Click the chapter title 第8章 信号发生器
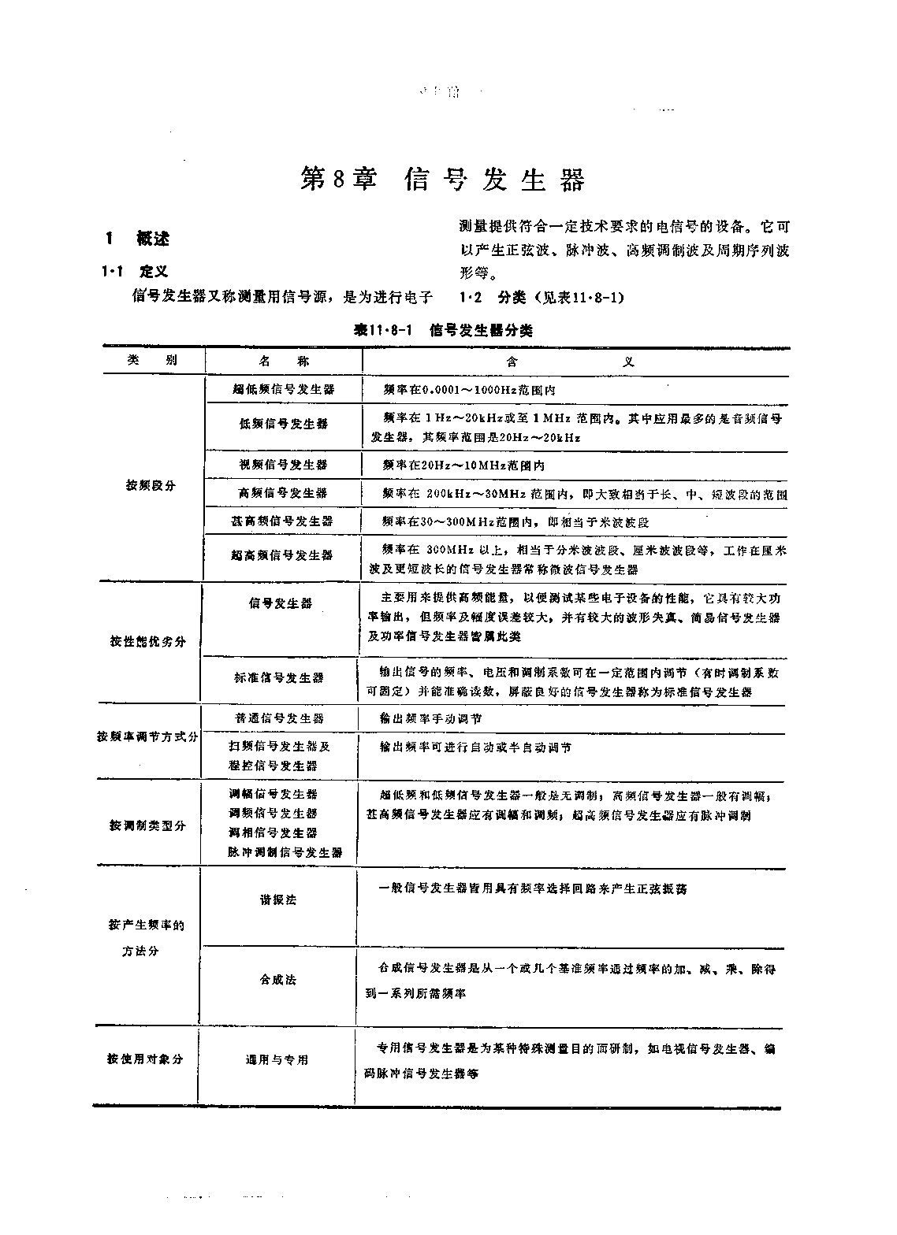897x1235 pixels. [x=444, y=180]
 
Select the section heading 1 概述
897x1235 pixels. [x=138, y=238]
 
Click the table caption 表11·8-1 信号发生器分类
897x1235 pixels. [x=442, y=331]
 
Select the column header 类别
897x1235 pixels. [x=152, y=361]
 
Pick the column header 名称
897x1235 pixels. [x=284, y=361]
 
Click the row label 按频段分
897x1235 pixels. [x=151, y=485]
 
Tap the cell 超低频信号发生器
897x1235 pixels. [x=284, y=389]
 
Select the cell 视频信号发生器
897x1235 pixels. [x=283, y=465]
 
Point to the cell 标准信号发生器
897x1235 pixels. [x=279, y=677]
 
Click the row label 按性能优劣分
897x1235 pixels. [x=148, y=641]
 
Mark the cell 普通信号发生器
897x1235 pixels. [x=279, y=718]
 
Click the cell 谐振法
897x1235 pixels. [x=278, y=899]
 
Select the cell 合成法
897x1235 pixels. [x=278, y=980]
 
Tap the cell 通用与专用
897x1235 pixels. [x=277, y=1060]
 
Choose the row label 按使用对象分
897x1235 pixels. [x=146, y=1059]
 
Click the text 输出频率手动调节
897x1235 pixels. [x=430, y=718]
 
